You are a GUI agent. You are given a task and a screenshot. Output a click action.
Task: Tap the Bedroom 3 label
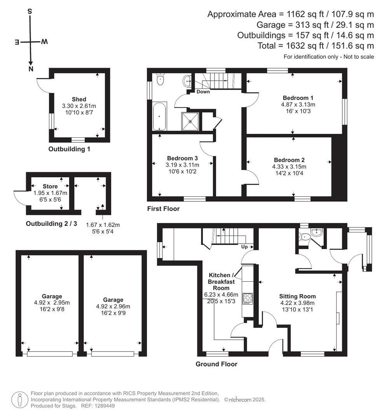(x=182, y=158)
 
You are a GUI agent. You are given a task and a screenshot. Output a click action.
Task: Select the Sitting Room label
(x=297, y=296)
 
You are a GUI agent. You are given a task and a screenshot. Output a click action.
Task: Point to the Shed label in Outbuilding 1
(x=79, y=99)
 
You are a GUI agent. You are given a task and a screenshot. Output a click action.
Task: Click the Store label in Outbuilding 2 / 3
(x=51, y=186)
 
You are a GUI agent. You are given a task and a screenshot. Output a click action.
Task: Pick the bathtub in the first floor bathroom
(x=160, y=116)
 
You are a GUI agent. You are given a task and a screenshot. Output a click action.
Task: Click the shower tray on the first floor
(x=190, y=121)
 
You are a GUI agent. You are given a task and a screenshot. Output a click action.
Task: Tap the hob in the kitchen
(x=248, y=299)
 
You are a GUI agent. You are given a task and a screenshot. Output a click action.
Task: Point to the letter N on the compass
(x=31, y=69)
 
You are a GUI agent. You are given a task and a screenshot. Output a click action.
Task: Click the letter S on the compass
(x=30, y=11)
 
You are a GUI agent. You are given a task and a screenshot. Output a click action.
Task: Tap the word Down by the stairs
(x=203, y=92)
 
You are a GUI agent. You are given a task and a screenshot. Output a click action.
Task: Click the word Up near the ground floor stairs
(x=244, y=247)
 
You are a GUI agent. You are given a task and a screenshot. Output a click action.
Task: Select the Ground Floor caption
(x=216, y=364)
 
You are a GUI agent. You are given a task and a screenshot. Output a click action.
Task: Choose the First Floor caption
(x=163, y=209)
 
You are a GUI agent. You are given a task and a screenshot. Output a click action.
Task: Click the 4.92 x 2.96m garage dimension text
(x=113, y=306)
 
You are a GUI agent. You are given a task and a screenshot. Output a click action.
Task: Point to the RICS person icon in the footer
(x=20, y=400)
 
